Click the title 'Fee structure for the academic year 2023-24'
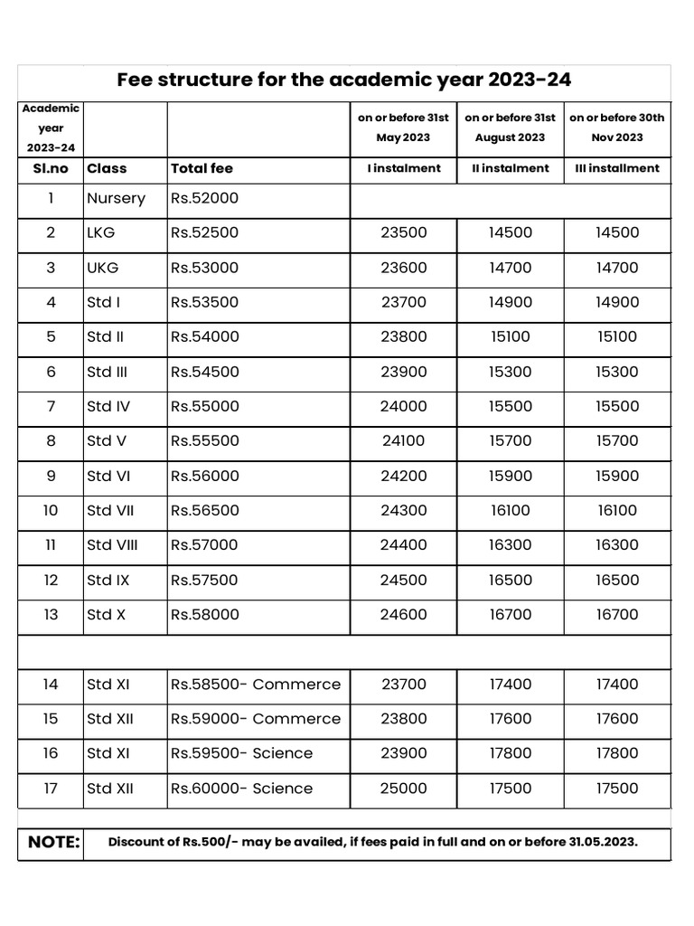[x=344, y=80]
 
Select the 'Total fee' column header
[x=202, y=168]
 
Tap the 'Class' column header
[x=107, y=168]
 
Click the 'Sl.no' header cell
[x=51, y=168]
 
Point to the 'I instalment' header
[x=403, y=168]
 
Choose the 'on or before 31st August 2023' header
[x=510, y=128]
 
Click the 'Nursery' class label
[x=116, y=198]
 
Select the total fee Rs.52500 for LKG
[x=204, y=232]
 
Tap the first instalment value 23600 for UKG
[x=403, y=268]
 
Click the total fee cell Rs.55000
[x=204, y=406]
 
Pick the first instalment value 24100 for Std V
[x=403, y=441]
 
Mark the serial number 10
[x=51, y=511]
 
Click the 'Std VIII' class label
[x=112, y=545]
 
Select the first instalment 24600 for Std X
[x=403, y=615]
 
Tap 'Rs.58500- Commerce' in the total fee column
[x=256, y=685]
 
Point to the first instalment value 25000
[x=403, y=789]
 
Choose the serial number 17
[x=51, y=789]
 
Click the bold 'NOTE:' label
[x=54, y=843]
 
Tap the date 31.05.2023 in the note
[x=603, y=843]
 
